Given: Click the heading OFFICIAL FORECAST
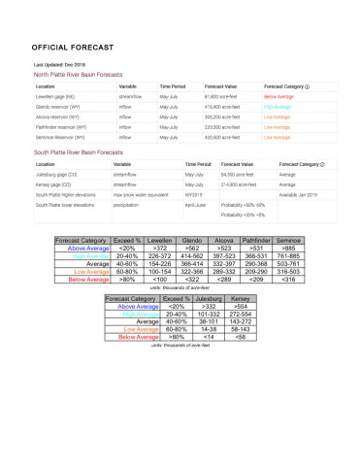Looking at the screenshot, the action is [73, 47].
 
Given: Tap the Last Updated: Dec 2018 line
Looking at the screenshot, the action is [60, 64].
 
